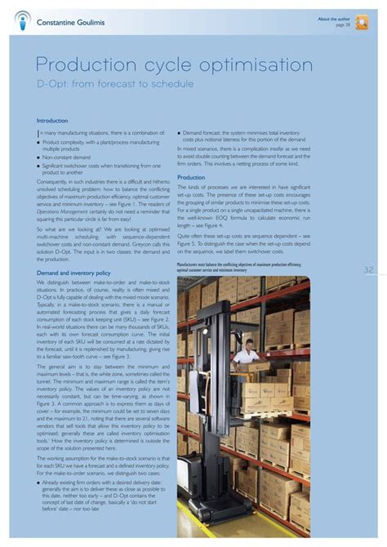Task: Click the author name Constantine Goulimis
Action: tap(72, 21)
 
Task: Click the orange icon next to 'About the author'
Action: tap(362, 22)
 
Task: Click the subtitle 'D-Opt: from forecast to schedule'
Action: tap(115, 84)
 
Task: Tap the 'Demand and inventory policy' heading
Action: tap(73, 273)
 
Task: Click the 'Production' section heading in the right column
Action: tap(191, 177)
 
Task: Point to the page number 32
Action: tap(368, 270)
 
